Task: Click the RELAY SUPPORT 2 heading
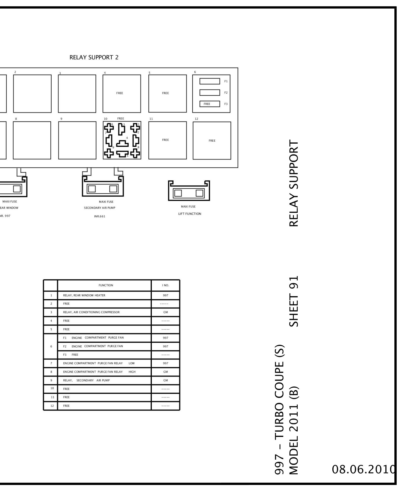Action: (94, 57)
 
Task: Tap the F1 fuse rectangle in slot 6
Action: (210, 81)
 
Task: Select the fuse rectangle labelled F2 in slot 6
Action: (210, 93)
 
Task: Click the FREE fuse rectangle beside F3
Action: (210, 104)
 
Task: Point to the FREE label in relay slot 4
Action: (120, 93)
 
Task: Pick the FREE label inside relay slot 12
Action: (212, 141)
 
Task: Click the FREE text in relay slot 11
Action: (166, 140)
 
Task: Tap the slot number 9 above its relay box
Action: (61, 119)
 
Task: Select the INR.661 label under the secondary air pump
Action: (100, 216)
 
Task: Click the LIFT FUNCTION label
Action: (190, 214)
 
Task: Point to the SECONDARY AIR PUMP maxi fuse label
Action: (100, 208)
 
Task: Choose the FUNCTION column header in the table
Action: (106, 285)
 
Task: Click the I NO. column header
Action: (166, 285)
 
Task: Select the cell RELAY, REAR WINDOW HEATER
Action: (84, 295)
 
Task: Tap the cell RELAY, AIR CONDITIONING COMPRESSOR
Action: (91, 312)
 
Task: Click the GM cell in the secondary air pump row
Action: (166, 380)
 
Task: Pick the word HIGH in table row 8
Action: (132, 372)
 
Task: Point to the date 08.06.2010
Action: (364, 470)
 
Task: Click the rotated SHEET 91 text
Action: (294, 301)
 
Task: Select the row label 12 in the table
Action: (52, 406)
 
